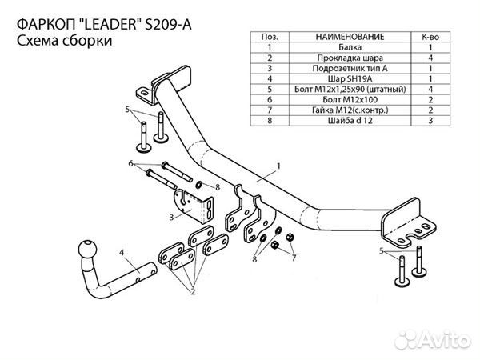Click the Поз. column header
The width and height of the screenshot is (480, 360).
click(x=270, y=37)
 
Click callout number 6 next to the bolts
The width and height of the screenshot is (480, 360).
click(x=130, y=163)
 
